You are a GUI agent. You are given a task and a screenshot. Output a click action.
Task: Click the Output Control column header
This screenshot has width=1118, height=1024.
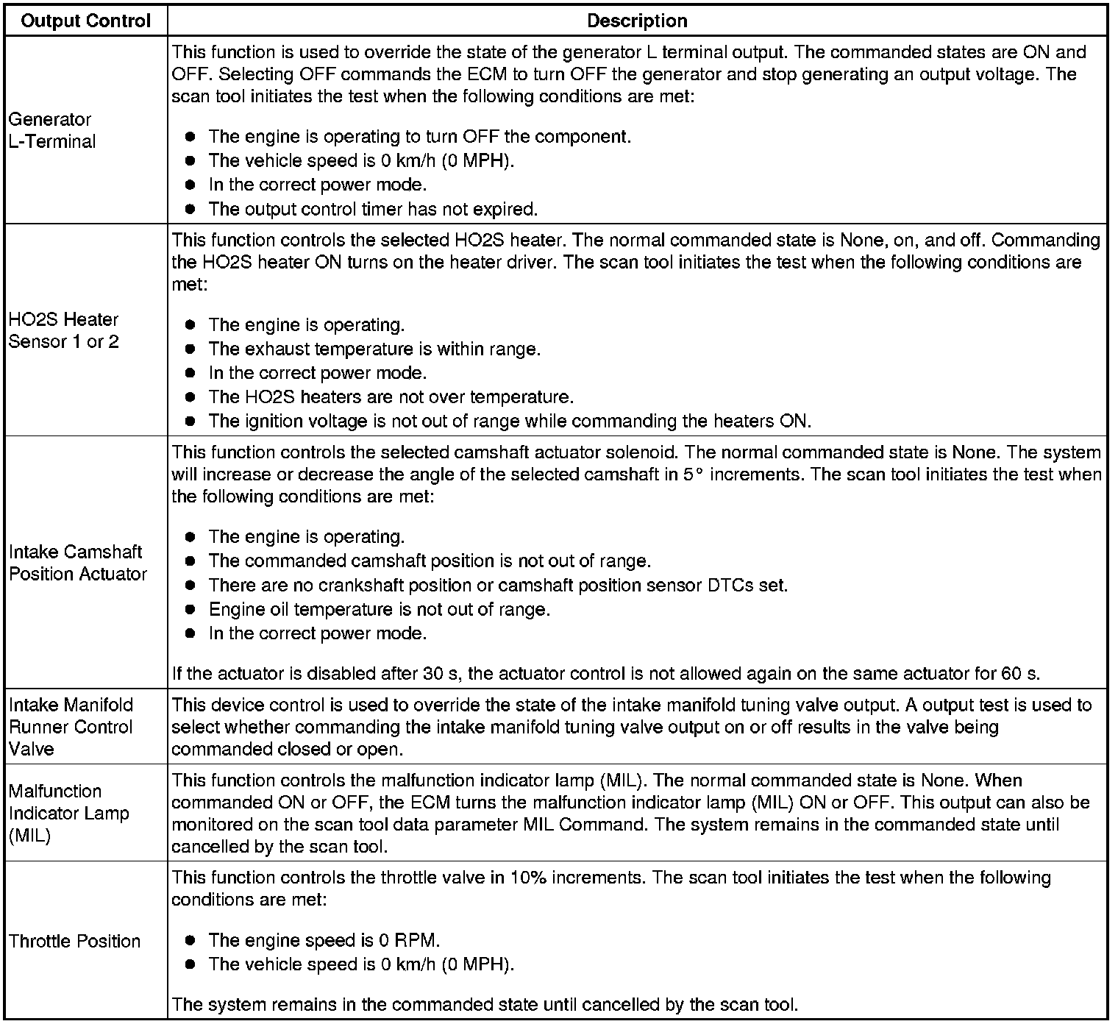(86, 21)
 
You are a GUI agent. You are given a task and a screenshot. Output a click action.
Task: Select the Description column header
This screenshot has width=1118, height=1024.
(637, 21)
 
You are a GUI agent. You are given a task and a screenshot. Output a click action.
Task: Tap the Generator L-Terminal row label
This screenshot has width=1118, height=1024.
(51, 130)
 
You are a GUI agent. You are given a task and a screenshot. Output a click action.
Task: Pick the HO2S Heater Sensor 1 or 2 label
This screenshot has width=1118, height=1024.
(63, 330)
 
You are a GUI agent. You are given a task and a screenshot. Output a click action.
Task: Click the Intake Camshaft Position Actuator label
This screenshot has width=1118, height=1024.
(78, 563)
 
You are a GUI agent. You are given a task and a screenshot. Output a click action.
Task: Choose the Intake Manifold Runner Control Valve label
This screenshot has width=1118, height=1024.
(71, 727)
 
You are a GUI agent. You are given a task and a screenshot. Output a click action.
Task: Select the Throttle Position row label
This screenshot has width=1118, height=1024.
(74, 941)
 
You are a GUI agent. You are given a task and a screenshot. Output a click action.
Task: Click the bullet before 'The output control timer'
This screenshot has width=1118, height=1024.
(190, 209)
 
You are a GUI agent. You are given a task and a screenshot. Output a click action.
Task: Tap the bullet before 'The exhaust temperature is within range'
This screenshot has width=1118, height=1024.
(190, 349)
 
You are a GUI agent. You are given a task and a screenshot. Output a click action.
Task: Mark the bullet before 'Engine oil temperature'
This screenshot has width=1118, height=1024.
(190, 609)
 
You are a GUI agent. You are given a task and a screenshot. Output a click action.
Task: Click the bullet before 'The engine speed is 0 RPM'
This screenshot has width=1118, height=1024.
(190, 940)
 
